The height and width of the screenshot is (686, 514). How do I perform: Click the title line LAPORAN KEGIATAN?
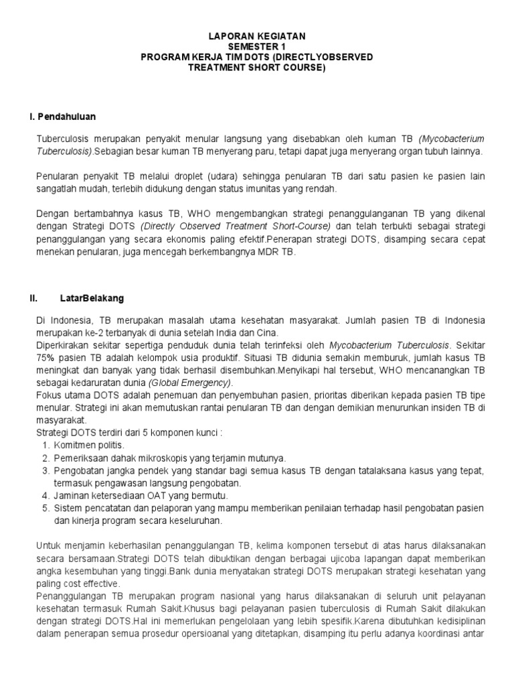[256, 36]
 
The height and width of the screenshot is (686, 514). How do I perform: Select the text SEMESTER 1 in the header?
[256, 47]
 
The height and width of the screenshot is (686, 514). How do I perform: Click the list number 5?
[45, 508]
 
